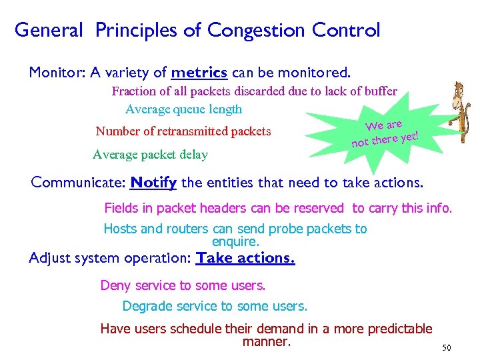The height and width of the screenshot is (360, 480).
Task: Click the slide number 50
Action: (447, 348)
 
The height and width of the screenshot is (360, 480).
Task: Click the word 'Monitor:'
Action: (54, 72)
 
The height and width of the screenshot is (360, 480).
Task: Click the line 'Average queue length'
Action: (183, 109)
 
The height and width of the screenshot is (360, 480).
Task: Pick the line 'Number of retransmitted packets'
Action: (183, 131)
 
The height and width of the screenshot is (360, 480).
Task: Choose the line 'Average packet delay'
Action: (150, 155)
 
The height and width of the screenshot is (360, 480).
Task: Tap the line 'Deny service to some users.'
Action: (183, 285)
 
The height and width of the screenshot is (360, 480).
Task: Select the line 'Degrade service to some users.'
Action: (215, 307)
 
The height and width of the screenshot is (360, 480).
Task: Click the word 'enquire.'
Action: (235, 241)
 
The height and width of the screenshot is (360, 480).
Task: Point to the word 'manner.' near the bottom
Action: (267, 342)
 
